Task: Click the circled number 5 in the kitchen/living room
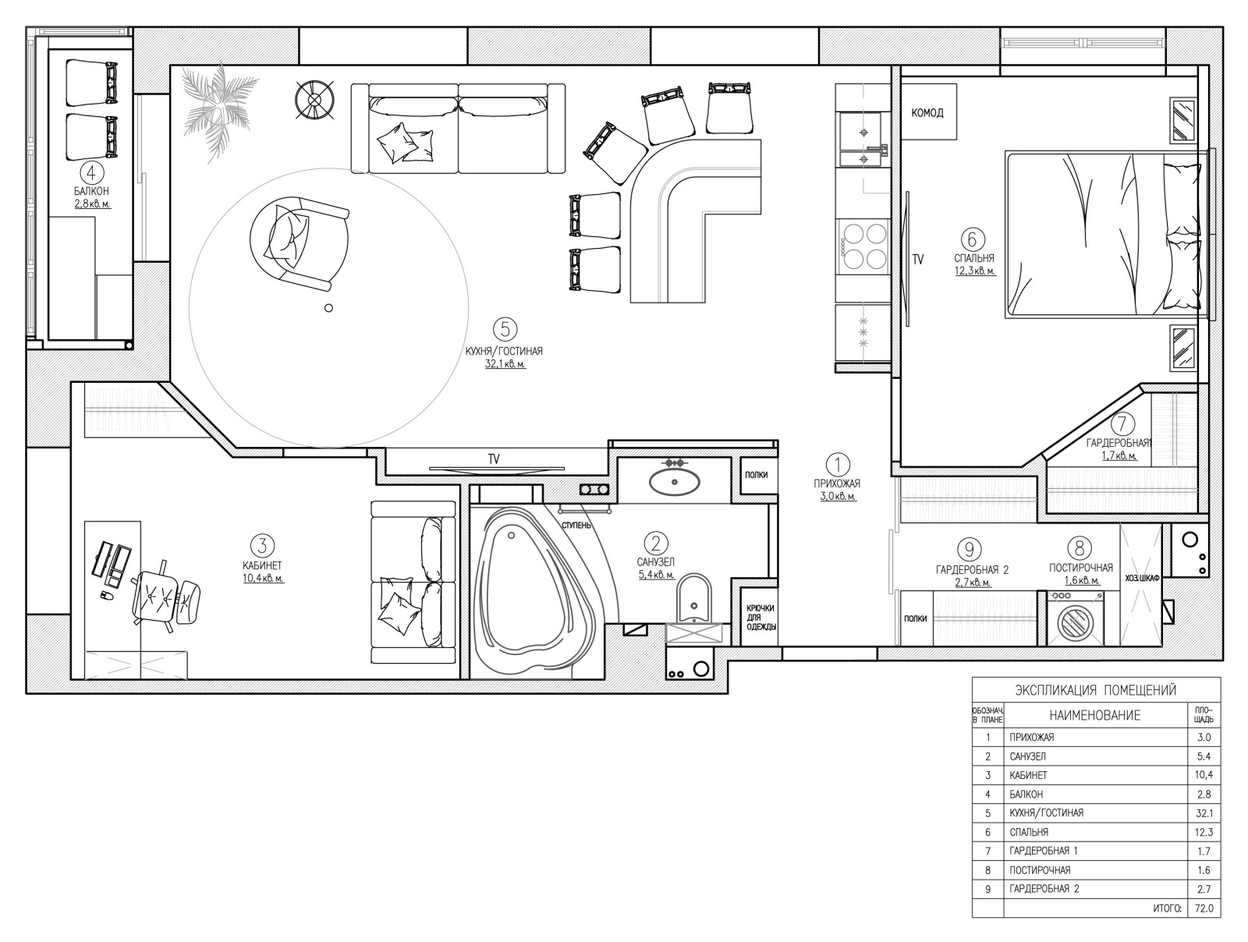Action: tap(505, 329)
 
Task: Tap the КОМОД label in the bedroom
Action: tap(927, 113)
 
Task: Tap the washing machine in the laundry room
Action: tap(1076, 618)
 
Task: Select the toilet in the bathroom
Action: tap(693, 600)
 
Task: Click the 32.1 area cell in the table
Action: tap(1204, 813)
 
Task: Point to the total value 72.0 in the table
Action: tap(1204, 908)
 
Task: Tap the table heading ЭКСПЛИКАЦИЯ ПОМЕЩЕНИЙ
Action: tap(1096, 690)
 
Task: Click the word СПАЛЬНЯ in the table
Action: tap(1029, 832)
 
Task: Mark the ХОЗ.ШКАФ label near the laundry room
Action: tap(1142, 578)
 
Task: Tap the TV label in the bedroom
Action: tap(917, 259)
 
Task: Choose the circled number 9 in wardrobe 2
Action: tap(970, 549)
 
